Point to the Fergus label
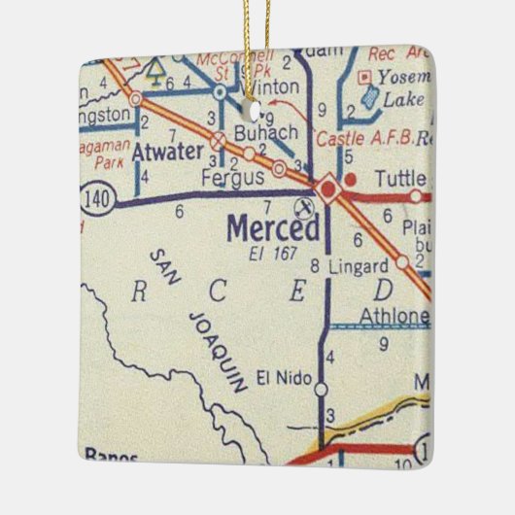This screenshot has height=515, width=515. (234, 179)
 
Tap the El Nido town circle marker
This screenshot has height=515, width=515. (322, 390)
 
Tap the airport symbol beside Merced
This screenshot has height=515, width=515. (303, 207)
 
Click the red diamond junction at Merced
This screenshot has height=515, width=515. (328, 188)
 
